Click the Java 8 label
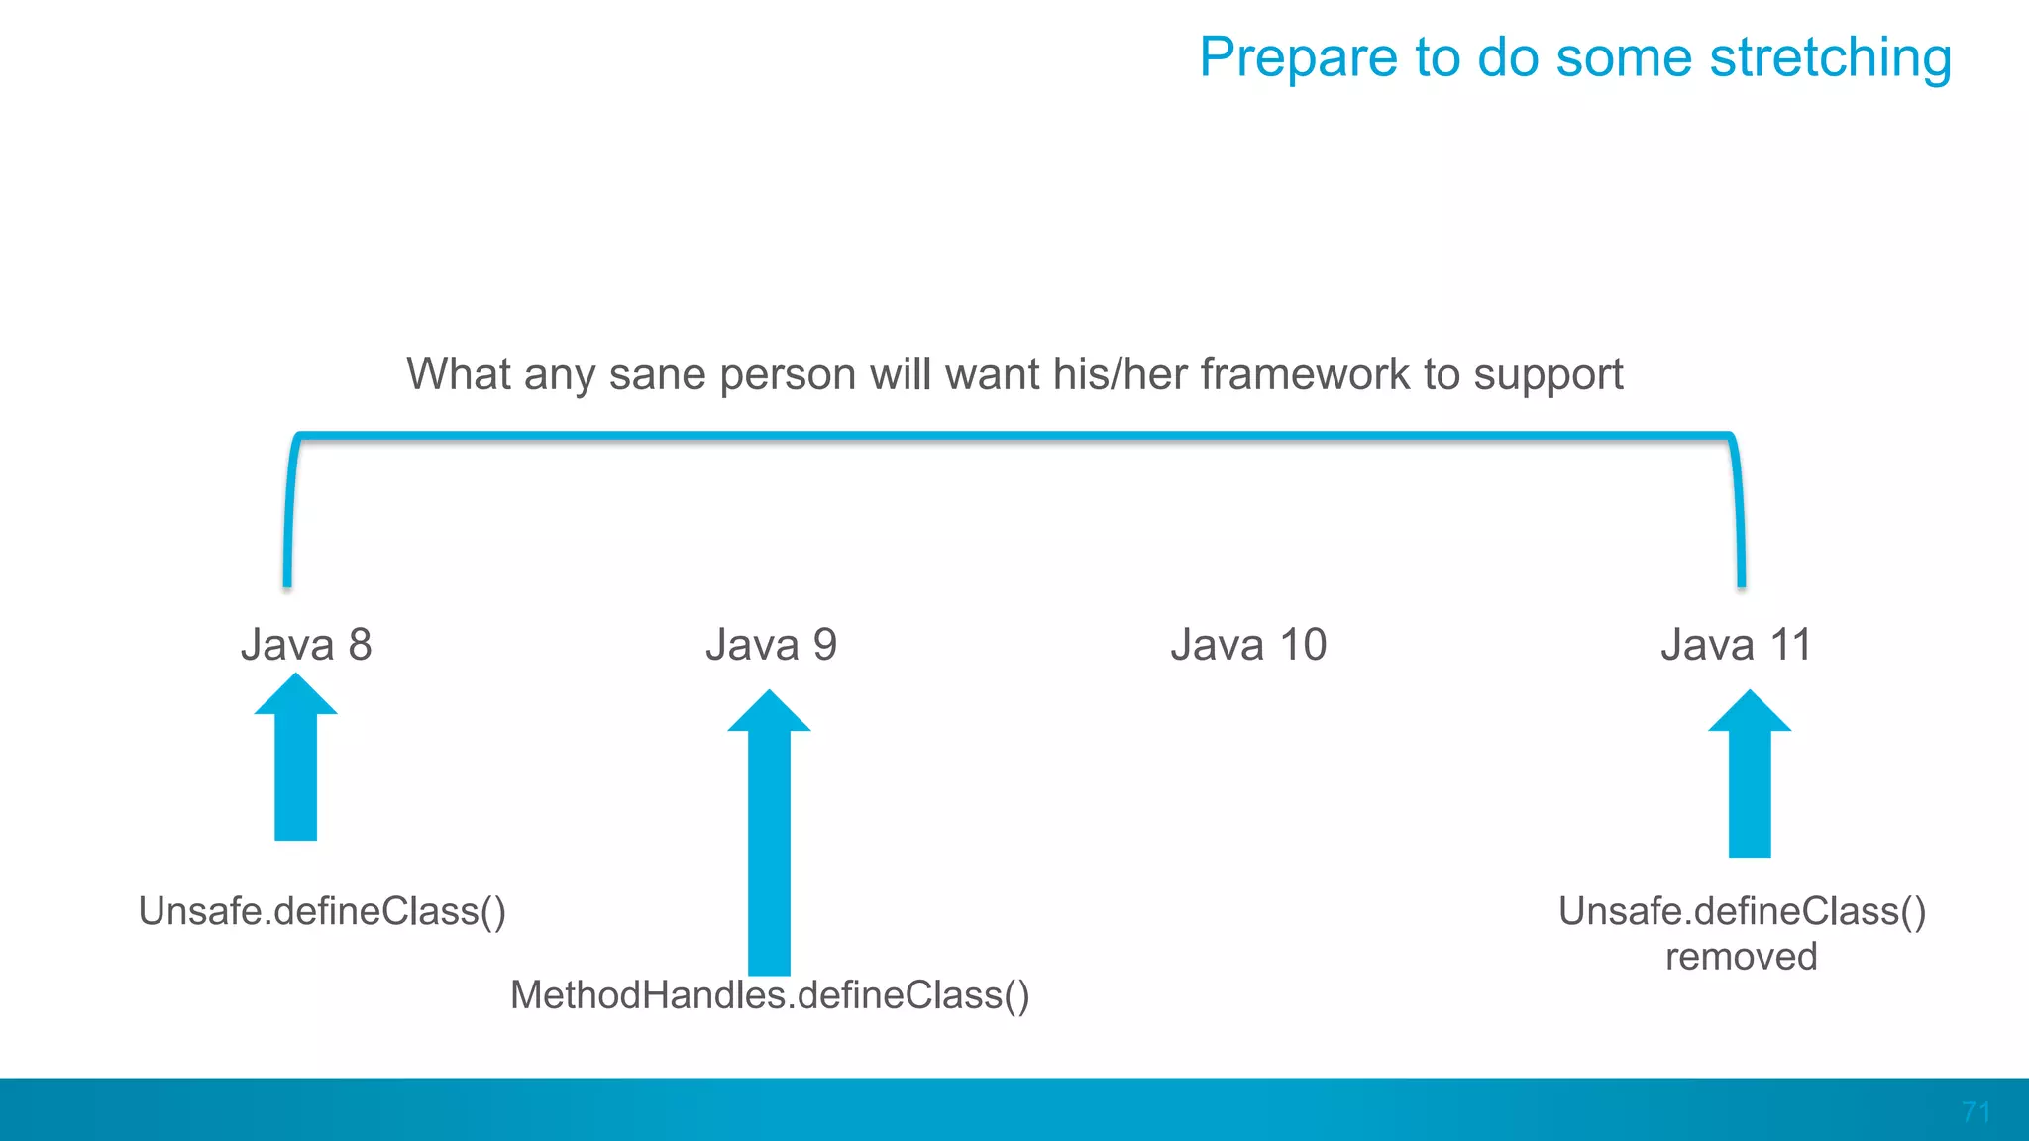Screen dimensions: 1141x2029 coord(306,645)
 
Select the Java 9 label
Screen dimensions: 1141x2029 coord(771,645)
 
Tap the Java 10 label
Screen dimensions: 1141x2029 coord(1247,645)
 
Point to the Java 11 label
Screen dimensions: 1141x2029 coord(1736,645)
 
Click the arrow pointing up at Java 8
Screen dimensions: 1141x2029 coord(295,763)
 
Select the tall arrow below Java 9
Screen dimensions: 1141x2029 coord(769,842)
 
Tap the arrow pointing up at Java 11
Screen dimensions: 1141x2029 coord(1750,778)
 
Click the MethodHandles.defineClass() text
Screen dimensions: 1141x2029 coord(770,995)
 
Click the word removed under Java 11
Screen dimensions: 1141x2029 coord(1741,957)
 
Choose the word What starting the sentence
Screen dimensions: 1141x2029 coord(459,375)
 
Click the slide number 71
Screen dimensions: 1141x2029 coord(1976,1112)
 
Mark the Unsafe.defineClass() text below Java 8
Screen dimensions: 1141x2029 coord(322,911)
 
